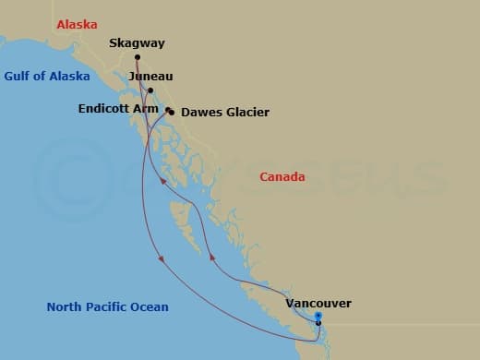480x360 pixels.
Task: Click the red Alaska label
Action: pyautogui.click(x=77, y=26)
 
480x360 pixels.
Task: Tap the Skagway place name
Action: pyautogui.click(x=136, y=42)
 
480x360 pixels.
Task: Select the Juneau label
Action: pyautogui.click(x=151, y=77)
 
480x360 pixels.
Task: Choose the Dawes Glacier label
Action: pyautogui.click(x=225, y=113)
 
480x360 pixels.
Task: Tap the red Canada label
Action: pyautogui.click(x=282, y=176)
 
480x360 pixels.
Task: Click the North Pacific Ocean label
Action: pyautogui.click(x=108, y=306)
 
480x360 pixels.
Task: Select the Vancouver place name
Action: pyautogui.click(x=318, y=303)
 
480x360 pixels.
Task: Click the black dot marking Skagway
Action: pyautogui.click(x=136, y=56)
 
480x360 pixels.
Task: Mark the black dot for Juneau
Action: pyautogui.click(x=150, y=90)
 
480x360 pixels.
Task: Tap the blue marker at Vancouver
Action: pyautogui.click(x=318, y=316)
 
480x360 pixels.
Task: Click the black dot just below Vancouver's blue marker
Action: pyautogui.click(x=318, y=323)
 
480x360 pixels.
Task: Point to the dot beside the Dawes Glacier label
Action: pyautogui.click(x=172, y=113)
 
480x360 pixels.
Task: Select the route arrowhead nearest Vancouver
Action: pyautogui.click(x=211, y=259)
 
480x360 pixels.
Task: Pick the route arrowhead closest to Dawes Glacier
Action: pyautogui.click(x=163, y=182)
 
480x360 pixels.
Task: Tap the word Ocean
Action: pyautogui.click(x=148, y=306)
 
